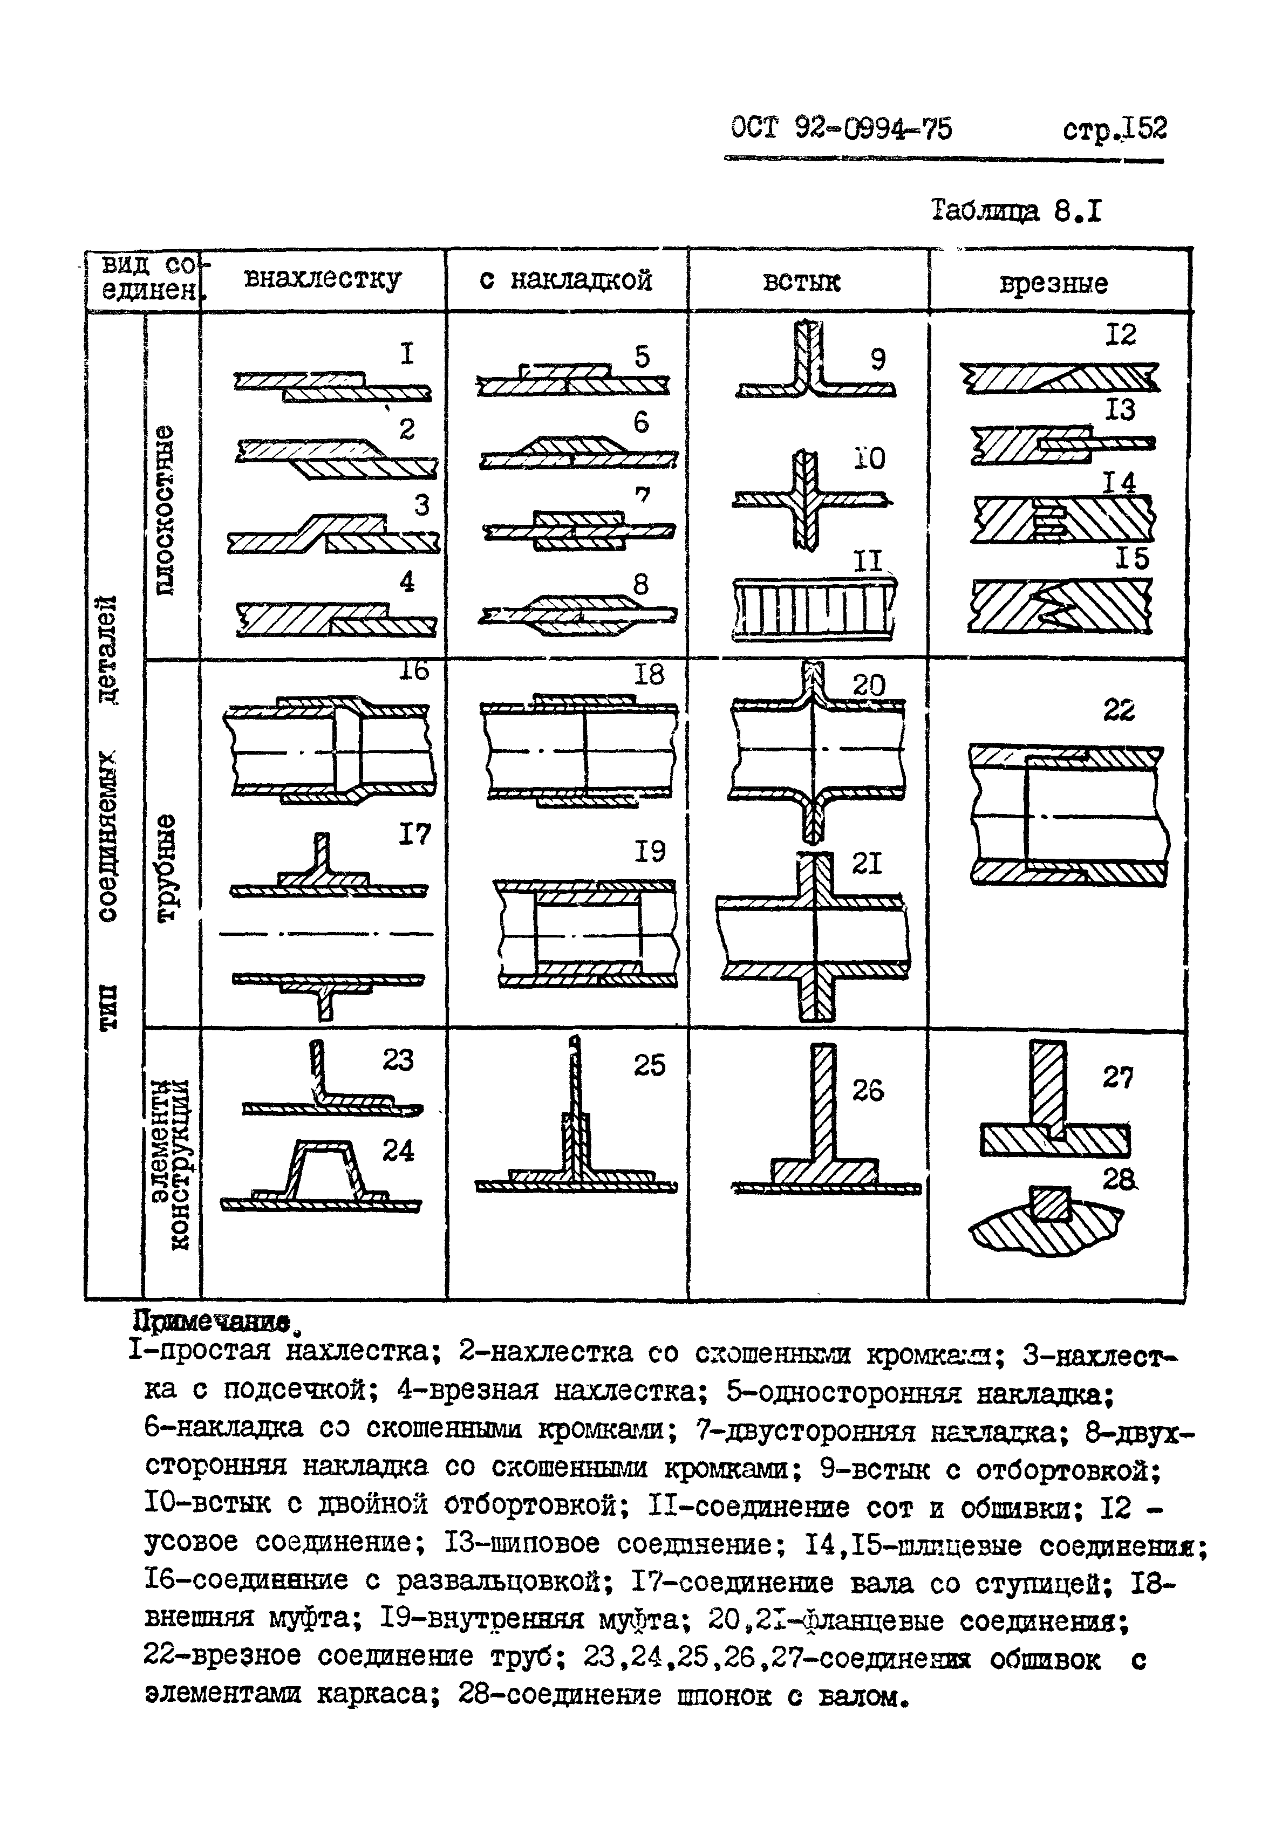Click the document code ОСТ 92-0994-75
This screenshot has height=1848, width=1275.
tap(841, 128)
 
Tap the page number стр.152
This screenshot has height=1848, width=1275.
tap(1114, 128)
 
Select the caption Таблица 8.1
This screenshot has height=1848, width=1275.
tap(1016, 211)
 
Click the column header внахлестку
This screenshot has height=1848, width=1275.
tap(322, 279)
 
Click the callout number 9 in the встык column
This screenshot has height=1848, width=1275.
tap(878, 359)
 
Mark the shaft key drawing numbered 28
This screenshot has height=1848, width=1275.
tap(1047, 1220)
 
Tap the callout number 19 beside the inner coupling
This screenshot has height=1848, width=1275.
tap(650, 851)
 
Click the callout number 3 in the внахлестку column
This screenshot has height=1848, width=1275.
tap(421, 505)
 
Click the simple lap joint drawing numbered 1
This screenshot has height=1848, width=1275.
tap(332, 385)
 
